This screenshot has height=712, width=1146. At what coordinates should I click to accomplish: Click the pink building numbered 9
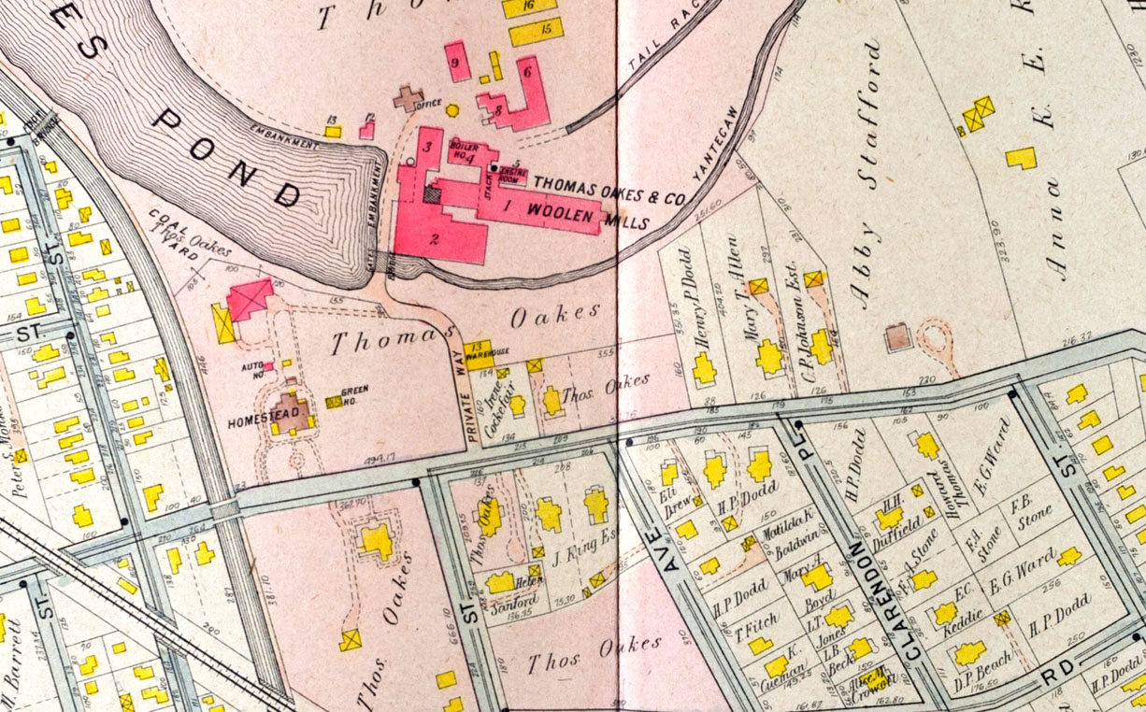(x=457, y=64)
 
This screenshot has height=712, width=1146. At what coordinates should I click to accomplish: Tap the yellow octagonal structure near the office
(x=452, y=110)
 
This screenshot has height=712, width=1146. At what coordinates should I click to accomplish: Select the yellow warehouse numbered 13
(x=477, y=350)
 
